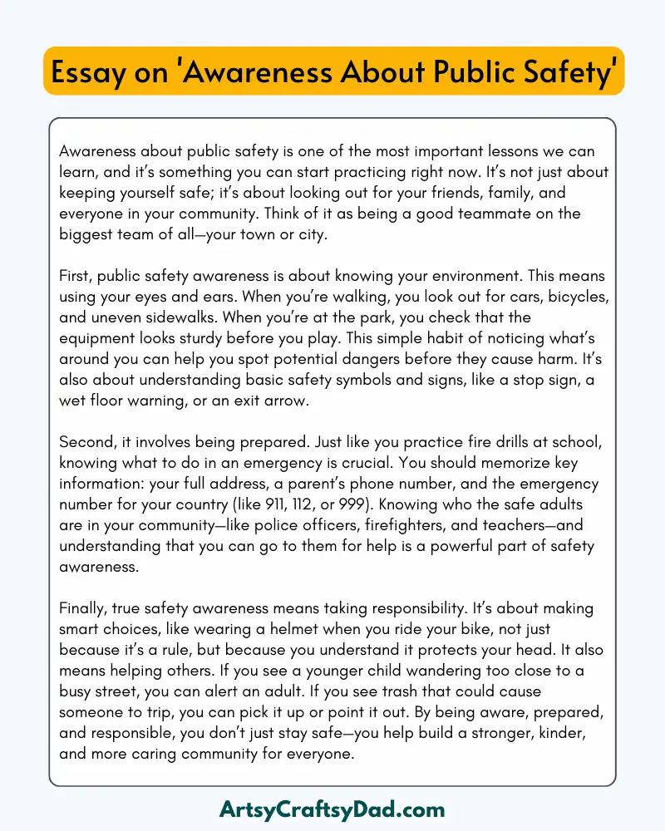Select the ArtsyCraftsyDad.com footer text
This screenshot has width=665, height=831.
point(332,809)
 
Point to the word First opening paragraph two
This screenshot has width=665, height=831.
point(77,276)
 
